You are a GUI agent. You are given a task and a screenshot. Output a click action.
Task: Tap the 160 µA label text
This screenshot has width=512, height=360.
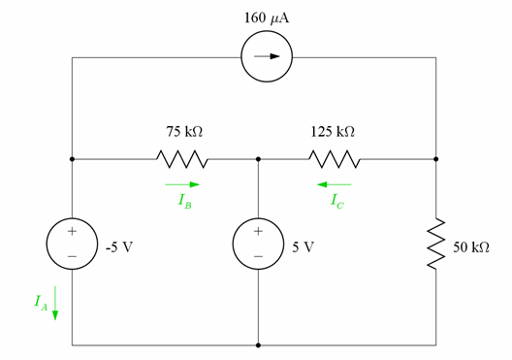pos(264,16)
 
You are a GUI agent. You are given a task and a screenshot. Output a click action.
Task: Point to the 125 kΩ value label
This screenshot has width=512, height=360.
pos(332,129)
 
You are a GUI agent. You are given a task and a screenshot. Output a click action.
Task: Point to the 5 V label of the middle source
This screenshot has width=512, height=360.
pos(304,246)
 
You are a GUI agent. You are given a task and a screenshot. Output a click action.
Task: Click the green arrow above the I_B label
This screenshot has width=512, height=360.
pos(182,182)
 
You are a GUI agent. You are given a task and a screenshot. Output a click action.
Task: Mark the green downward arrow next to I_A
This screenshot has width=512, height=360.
pos(55,303)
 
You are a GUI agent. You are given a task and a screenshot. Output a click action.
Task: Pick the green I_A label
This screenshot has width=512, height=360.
pos(39,303)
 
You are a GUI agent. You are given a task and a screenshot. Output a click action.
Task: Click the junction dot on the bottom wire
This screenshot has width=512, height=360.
pos(258,344)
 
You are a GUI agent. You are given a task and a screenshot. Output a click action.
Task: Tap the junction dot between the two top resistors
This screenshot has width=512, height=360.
pos(258,157)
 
